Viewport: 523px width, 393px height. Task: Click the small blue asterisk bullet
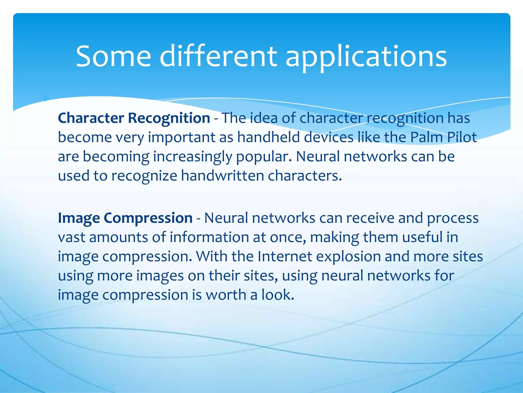(x=46, y=99)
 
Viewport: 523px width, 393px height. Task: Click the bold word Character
(x=91, y=118)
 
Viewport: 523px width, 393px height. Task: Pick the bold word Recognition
(x=169, y=118)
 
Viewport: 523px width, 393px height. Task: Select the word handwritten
(x=222, y=176)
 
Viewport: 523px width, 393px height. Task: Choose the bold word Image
(x=79, y=219)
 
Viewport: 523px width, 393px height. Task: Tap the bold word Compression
(x=148, y=219)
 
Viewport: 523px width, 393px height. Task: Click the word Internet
(x=284, y=256)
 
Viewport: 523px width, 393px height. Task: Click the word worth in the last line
(x=226, y=295)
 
